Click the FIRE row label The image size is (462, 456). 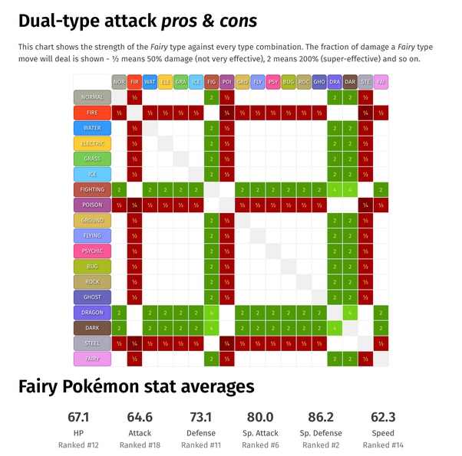pos(92,113)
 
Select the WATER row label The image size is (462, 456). pos(92,128)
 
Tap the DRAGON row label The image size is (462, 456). pos(92,313)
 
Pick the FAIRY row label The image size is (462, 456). pos(92,359)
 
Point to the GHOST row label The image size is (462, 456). pos(92,297)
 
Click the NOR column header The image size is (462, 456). pos(119,81)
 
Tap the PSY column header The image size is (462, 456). pos(273,81)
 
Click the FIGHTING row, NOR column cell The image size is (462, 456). pos(119,189)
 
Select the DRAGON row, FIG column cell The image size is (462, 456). pos(212,313)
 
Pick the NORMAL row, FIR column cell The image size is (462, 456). pos(134,97)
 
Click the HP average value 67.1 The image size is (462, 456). pos(78,417)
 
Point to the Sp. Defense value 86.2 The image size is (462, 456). pos(320,417)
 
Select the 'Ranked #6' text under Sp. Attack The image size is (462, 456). pos(260,445)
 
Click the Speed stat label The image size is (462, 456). pos(382,432)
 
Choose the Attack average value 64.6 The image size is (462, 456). pos(139,417)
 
